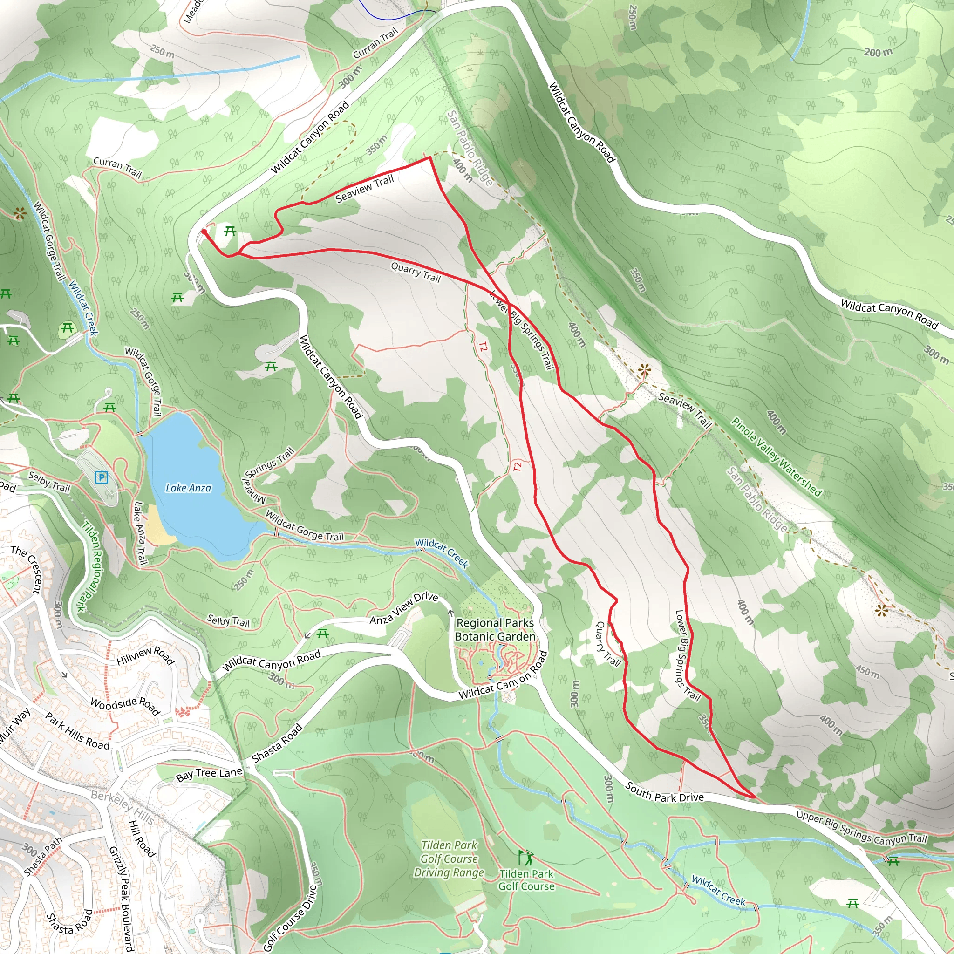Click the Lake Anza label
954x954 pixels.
tap(188, 488)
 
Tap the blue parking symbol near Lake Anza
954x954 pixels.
tap(101, 477)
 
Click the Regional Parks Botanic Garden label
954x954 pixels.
tap(495, 630)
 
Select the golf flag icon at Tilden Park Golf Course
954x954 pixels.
tap(526, 858)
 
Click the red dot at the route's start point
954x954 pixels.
tap(204, 231)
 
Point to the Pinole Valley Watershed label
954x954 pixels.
tap(776, 457)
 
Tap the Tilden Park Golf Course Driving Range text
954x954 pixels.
tap(449, 859)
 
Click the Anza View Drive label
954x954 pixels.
tap(404, 608)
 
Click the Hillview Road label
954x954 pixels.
tap(146, 655)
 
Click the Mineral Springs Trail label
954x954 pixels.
tap(267, 475)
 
